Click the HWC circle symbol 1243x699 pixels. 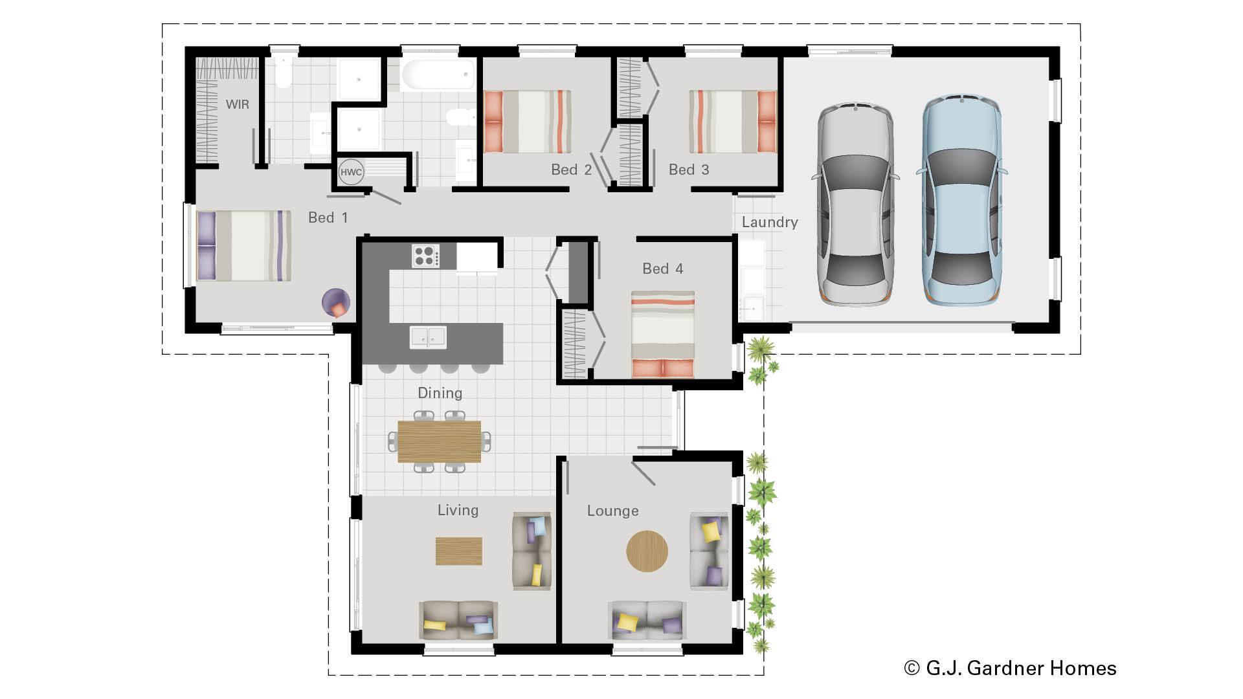pyautogui.click(x=351, y=172)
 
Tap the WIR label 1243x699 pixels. pyautogui.click(x=237, y=104)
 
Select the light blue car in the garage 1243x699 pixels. pyautogui.click(x=961, y=201)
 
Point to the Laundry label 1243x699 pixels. pyautogui.click(x=769, y=222)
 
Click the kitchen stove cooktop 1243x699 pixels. pyautogui.click(x=426, y=256)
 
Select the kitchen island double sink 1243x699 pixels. pyautogui.click(x=428, y=337)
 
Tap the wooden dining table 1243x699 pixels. pyautogui.click(x=439, y=441)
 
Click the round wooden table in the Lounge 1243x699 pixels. pyautogui.click(x=647, y=551)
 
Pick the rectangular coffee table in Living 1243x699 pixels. pyautogui.click(x=458, y=551)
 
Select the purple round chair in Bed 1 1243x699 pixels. pyautogui.click(x=337, y=302)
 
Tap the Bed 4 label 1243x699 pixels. pyautogui.click(x=662, y=269)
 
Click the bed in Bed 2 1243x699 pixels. pyautogui.click(x=528, y=122)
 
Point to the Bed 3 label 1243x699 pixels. pyautogui.click(x=689, y=170)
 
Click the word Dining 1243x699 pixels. pyautogui.click(x=440, y=393)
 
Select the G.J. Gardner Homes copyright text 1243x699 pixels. pyautogui.click(x=1010, y=668)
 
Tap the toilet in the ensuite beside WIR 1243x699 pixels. pyautogui.click(x=283, y=72)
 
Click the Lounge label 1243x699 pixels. pyautogui.click(x=612, y=511)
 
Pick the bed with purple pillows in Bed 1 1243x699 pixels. pyautogui.click(x=243, y=246)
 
